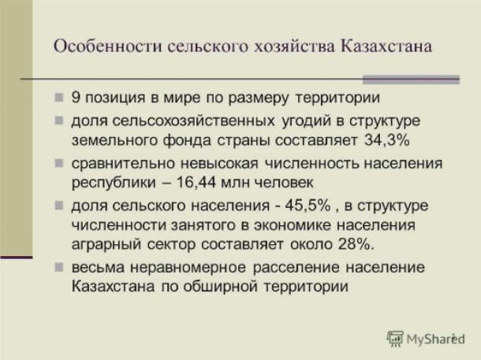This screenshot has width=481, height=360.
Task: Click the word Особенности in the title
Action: (x=108, y=46)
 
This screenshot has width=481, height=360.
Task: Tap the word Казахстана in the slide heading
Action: (x=386, y=46)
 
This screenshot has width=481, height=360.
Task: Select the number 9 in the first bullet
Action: (x=76, y=98)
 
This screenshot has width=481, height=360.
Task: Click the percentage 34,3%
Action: (x=387, y=140)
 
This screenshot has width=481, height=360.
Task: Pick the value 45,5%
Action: (x=308, y=206)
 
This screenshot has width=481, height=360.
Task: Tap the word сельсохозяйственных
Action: (x=193, y=121)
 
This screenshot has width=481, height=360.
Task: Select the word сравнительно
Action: (x=123, y=163)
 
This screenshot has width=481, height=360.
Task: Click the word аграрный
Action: (x=106, y=245)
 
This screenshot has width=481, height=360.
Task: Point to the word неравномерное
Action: (x=188, y=268)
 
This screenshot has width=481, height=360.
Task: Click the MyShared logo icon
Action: (x=395, y=339)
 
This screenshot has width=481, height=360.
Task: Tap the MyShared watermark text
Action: (x=435, y=340)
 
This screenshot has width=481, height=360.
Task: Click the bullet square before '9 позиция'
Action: (x=59, y=98)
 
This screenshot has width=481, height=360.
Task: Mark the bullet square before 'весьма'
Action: (x=59, y=268)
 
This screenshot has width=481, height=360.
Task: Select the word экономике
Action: (x=293, y=225)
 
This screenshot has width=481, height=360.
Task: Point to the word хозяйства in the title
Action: (x=294, y=46)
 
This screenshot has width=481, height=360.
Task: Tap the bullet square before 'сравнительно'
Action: (x=59, y=163)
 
